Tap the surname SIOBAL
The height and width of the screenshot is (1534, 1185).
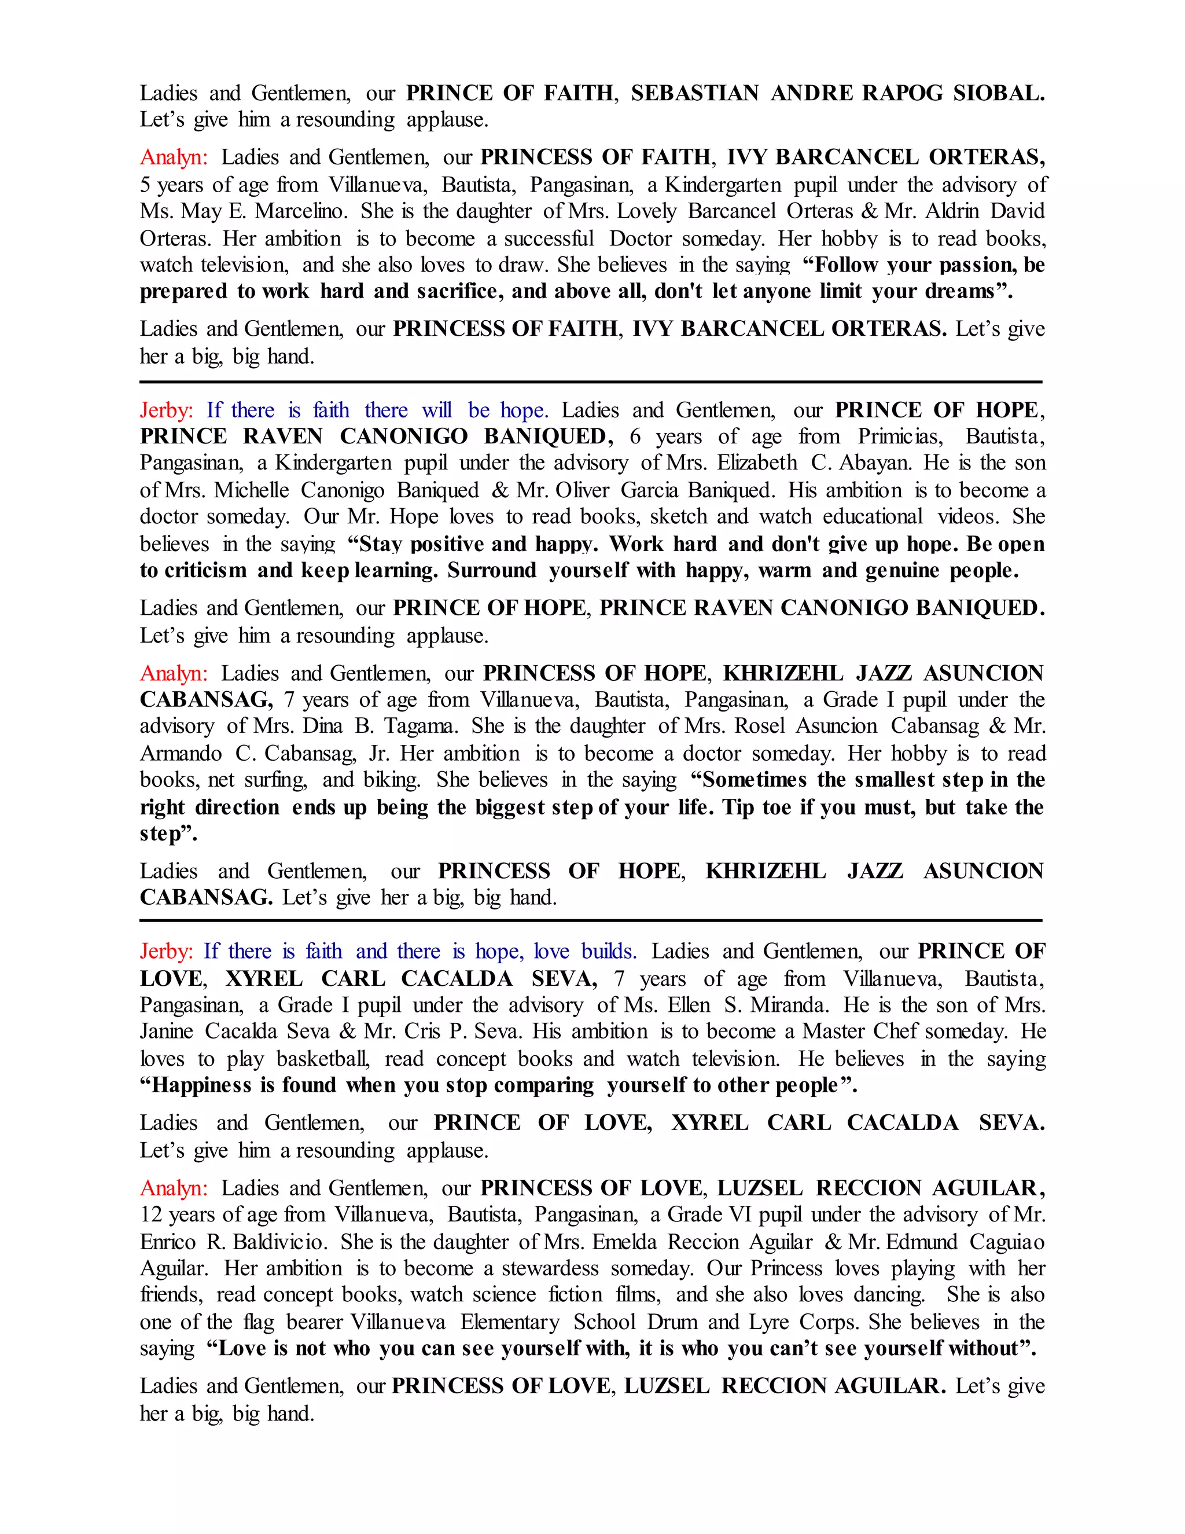coord(998,93)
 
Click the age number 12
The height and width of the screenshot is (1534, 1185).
coord(151,1214)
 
